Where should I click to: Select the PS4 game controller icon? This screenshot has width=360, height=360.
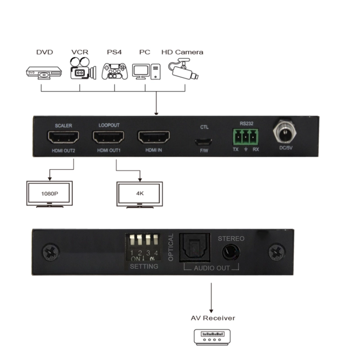(x=114, y=71)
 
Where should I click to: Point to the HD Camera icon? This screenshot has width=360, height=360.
(x=182, y=70)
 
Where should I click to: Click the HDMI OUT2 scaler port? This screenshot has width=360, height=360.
(x=63, y=137)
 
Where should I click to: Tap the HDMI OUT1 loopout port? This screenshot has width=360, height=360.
(x=108, y=137)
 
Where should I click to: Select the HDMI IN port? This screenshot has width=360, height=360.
(x=153, y=137)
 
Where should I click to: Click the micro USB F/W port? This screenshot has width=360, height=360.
(x=204, y=140)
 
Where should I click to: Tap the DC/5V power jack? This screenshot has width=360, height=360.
(x=283, y=133)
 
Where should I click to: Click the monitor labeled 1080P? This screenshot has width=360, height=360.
(x=49, y=194)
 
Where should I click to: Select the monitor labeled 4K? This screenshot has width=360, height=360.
(x=139, y=194)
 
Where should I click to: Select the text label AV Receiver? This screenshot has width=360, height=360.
(x=212, y=318)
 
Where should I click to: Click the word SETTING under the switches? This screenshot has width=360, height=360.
(x=144, y=266)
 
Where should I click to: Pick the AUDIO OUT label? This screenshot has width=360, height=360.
(x=211, y=268)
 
